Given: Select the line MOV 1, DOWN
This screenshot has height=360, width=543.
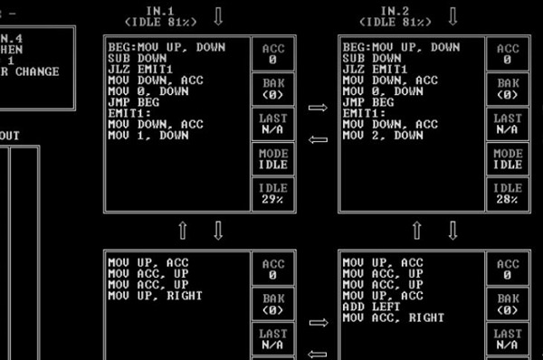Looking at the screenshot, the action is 148,136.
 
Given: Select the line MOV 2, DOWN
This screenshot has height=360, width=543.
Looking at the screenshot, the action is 383,136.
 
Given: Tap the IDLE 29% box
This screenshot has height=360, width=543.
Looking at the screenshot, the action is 272,194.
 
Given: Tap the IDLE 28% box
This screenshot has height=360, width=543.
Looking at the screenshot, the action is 508,194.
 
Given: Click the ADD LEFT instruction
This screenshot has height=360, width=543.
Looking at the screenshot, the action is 371,307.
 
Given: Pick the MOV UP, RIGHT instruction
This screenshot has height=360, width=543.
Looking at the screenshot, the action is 155,296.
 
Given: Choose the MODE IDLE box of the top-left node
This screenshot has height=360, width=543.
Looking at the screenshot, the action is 272,159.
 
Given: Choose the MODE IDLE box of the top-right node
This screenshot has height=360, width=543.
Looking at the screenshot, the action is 508,159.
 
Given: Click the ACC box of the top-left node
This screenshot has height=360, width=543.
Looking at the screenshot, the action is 272,54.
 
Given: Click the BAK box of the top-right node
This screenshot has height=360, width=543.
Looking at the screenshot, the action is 508,89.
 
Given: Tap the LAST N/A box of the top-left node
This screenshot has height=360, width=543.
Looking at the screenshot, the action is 272,124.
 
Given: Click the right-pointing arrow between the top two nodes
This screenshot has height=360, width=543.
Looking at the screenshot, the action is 318,109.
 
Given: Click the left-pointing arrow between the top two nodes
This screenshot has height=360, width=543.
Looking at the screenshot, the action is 318,139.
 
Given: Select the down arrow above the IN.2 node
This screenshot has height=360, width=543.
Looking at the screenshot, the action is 452,16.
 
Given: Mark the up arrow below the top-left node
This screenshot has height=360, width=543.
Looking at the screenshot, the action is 183,231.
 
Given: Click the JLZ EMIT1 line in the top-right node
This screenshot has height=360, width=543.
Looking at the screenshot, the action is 371,69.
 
